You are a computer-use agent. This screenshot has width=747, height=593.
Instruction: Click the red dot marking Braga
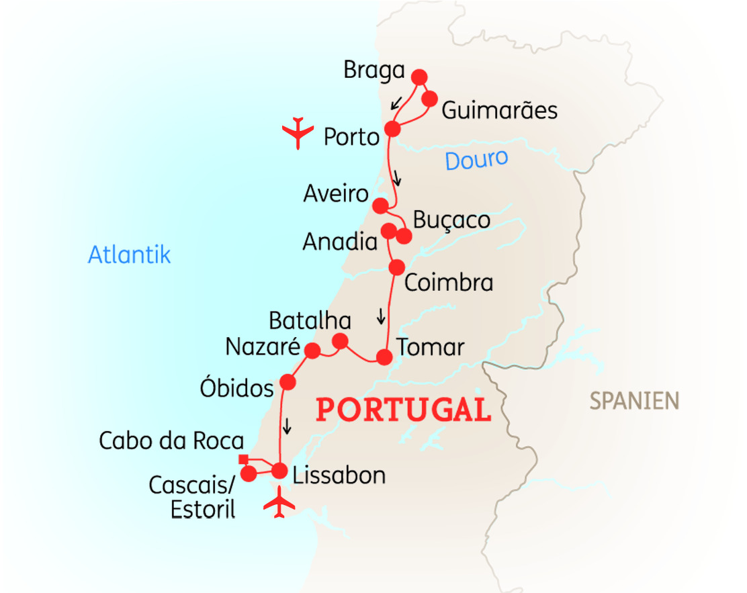(x=419, y=77)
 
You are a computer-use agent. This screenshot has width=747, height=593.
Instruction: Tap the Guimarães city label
(x=499, y=109)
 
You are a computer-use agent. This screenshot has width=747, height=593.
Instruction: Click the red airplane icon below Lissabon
(x=279, y=504)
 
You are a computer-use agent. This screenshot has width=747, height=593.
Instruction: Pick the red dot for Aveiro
(x=380, y=206)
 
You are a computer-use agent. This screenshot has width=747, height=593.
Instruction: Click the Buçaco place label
(x=451, y=220)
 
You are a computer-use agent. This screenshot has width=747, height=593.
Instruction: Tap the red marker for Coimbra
(x=397, y=267)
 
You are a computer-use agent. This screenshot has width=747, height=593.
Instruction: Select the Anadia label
(x=340, y=242)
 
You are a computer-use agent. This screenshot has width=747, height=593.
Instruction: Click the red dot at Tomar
(x=384, y=357)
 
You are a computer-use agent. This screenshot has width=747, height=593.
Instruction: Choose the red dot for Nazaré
(x=312, y=350)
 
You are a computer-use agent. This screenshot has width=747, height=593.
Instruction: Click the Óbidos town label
(x=237, y=387)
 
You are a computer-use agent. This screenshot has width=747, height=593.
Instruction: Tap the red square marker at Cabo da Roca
(x=243, y=460)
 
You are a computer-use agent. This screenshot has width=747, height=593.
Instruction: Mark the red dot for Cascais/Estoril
(x=248, y=474)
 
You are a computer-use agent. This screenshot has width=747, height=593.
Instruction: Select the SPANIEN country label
(x=634, y=401)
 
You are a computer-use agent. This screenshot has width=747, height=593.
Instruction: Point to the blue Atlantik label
(x=130, y=255)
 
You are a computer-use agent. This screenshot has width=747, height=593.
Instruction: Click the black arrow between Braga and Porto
(x=397, y=103)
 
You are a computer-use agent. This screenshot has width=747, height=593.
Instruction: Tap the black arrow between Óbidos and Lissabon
(x=288, y=426)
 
